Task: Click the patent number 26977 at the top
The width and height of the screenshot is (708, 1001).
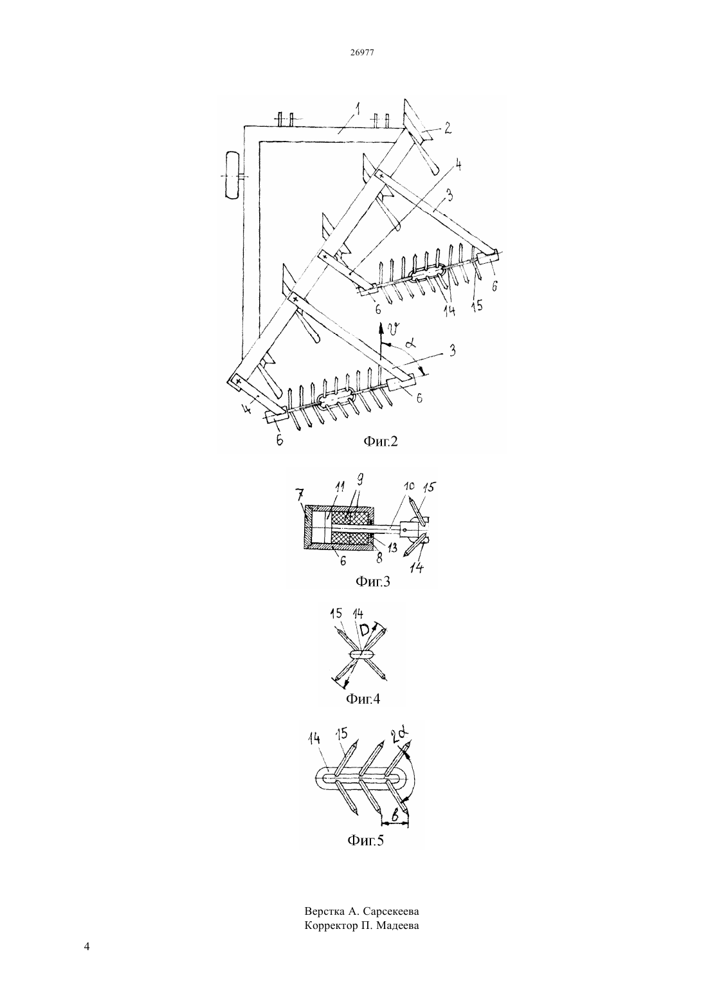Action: click(362, 53)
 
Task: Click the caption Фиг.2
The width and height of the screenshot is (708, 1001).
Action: click(380, 441)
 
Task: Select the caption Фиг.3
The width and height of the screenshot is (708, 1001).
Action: click(372, 582)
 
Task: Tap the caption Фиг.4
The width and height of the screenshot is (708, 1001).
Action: click(363, 699)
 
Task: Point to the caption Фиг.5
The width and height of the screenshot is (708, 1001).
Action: click(366, 841)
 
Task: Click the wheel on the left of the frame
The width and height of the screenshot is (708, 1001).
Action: click(233, 176)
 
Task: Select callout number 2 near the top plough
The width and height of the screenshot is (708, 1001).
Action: click(448, 129)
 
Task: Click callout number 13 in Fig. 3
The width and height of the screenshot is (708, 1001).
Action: click(392, 548)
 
